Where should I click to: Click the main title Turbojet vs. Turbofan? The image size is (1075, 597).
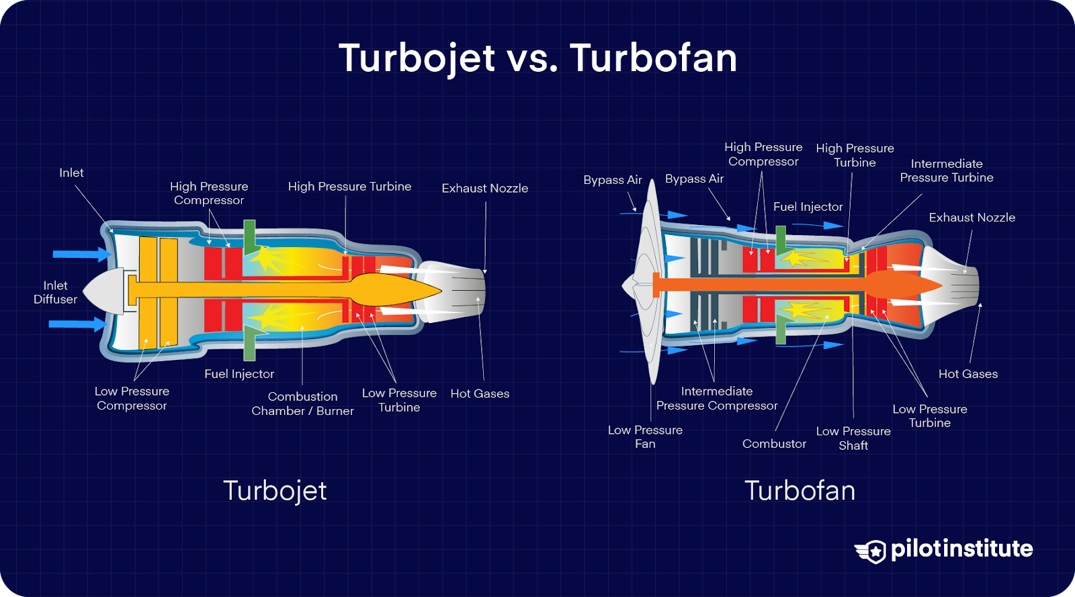(x=537, y=58)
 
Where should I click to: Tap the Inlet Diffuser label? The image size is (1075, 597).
(x=55, y=292)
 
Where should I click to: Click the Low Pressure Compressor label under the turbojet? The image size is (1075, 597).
(x=132, y=398)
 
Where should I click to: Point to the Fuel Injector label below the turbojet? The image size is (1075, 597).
(x=239, y=374)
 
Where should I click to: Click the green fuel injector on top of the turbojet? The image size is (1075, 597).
(x=249, y=235)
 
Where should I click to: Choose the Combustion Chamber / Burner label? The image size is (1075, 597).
(x=302, y=404)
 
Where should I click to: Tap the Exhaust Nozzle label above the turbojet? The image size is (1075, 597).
(x=484, y=188)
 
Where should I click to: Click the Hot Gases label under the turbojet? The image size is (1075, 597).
(x=480, y=394)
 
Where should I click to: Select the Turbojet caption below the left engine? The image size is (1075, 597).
(x=275, y=491)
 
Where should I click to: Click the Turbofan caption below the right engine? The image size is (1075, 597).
(x=800, y=491)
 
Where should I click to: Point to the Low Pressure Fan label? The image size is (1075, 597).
(x=645, y=437)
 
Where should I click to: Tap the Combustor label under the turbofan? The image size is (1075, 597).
(x=774, y=444)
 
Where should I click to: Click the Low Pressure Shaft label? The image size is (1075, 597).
(x=853, y=438)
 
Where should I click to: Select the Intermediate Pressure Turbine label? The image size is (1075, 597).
(x=946, y=171)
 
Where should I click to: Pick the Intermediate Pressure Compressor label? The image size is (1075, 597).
(x=716, y=398)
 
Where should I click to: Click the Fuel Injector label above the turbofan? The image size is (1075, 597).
(x=808, y=207)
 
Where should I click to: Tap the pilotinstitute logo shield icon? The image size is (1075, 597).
(x=872, y=551)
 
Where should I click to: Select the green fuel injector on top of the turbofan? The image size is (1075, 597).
(x=781, y=239)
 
